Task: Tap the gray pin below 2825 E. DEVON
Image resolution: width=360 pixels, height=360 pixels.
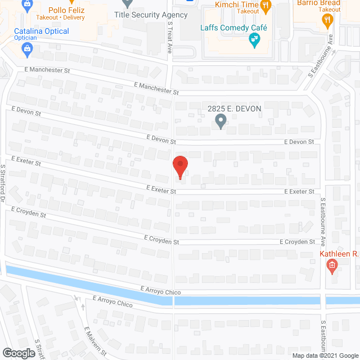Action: click(221, 121)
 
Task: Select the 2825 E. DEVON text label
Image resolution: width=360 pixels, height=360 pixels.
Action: click(235, 108)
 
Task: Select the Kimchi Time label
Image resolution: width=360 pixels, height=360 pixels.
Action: click(237, 4)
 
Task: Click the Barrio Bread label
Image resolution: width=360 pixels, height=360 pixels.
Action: click(319, 3)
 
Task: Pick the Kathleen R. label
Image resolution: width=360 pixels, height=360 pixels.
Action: click(339, 254)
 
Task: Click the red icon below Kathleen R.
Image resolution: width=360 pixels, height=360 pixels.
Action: click(332, 265)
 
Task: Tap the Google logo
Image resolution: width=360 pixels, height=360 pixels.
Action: click(18, 353)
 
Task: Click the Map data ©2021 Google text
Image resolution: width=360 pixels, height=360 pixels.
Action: click(324, 355)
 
